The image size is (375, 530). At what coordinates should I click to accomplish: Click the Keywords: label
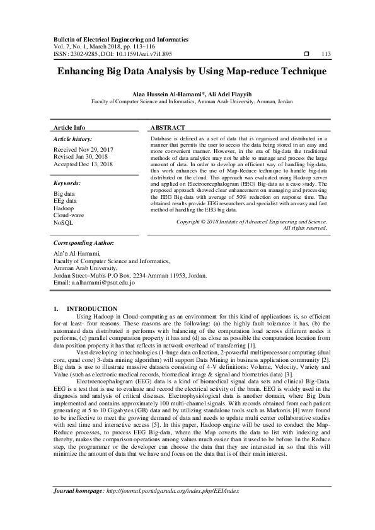68,183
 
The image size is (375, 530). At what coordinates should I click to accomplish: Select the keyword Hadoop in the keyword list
64,208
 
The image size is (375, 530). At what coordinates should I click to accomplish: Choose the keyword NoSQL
64,223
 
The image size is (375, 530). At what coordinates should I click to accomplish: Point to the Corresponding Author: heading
84,259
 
